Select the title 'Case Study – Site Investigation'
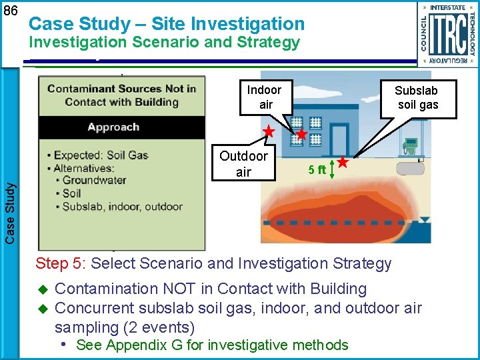click(x=167, y=24)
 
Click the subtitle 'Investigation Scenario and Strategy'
click(x=164, y=43)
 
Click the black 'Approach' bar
click(x=121, y=127)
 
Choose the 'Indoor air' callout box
click(x=265, y=97)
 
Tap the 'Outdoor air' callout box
click(x=243, y=163)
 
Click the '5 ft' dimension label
click(x=317, y=169)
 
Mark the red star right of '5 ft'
click(x=342, y=162)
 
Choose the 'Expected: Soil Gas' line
click(x=100, y=155)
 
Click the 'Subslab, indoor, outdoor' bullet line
click(x=122, y=207)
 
